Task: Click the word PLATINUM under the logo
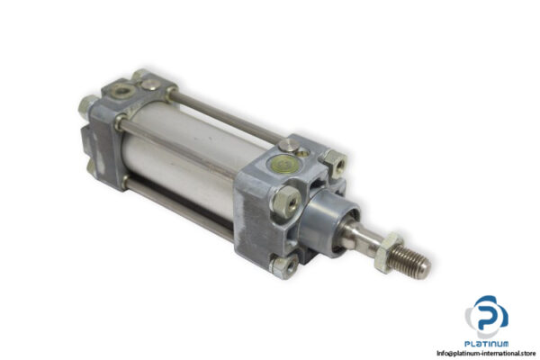click(x=487, y=343)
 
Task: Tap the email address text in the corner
click(x=476, y=353)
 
